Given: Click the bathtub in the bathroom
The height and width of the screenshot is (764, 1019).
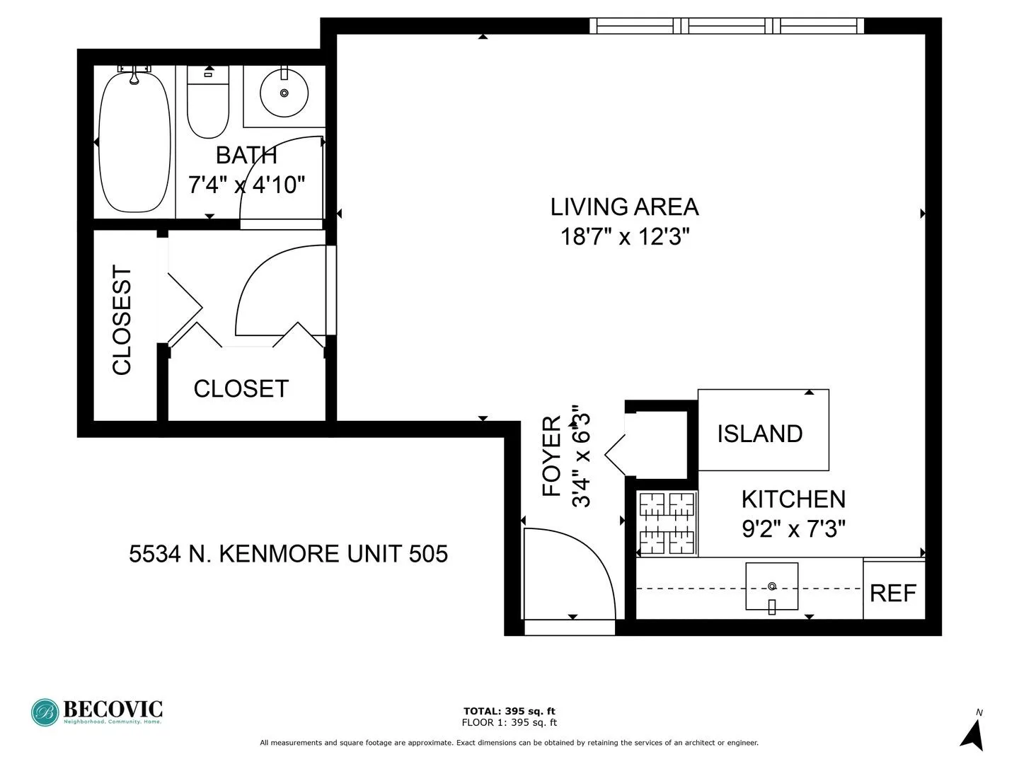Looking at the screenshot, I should (x=134, y=141).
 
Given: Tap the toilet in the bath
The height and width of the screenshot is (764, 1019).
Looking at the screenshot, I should (x=208, y=106).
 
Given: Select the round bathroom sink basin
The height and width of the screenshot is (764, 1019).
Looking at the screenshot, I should (x=284, y=93).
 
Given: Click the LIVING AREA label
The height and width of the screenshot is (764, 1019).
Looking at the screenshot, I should (x=624, y=207).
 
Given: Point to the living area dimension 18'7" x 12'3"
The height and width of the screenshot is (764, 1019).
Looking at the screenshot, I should (x=624, y=236).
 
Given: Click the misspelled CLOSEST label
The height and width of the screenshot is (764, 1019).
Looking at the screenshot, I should (x=122, y=320).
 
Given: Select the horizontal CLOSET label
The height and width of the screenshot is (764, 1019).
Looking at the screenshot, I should (x=241, y=388).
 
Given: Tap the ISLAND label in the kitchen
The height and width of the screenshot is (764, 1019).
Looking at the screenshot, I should (x=759, y=434).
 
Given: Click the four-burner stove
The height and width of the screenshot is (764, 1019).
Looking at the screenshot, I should (x=667, y=523).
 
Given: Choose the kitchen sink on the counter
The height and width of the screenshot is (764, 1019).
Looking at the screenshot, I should (x=771, y=586).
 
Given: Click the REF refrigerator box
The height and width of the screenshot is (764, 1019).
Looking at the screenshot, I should (x=893, y=592).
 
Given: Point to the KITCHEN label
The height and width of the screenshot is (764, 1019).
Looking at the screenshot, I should (x=793, y=499).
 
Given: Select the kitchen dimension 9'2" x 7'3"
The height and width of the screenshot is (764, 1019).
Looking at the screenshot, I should (x=793, y=528).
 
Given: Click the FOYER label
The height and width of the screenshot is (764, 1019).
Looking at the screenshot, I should (x=552, y=456).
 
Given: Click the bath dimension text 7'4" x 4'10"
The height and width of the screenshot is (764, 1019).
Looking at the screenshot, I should (x=246, y=185).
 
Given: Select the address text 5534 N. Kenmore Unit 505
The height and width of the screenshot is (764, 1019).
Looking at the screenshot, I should (x=288, y=553).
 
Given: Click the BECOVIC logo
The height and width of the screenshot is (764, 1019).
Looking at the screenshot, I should (x=97, y=712).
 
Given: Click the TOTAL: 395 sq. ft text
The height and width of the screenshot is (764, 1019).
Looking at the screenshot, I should (x=509, y=711).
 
